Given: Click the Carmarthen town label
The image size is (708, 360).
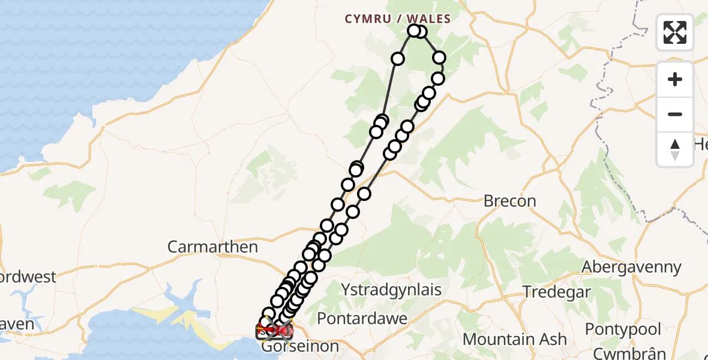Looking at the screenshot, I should click(x=212, y=247).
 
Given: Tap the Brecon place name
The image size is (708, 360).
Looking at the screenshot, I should click(x=509, y=201).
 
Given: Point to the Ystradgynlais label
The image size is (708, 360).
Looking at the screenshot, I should click(x=391, y=290).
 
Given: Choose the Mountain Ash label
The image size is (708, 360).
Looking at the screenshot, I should click(x=514, y=339).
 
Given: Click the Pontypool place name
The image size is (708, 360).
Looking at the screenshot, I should click(x=623, y=329).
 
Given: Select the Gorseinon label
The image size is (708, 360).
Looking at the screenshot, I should click(x=300, y=346).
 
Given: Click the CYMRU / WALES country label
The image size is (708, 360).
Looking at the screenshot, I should click(x=397, y=19).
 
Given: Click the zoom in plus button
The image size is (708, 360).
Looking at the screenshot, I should click(x=675, y=80).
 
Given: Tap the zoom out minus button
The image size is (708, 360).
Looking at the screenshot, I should click(x=675, y=114).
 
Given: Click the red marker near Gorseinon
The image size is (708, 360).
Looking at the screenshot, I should click(x=283, y=329).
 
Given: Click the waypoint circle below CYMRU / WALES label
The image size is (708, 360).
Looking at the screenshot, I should click(x=413, y=31).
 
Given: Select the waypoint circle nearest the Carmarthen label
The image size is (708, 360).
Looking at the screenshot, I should click(x=308, y=254).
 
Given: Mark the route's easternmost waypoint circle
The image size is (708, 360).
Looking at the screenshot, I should click(x=439, y=58).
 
